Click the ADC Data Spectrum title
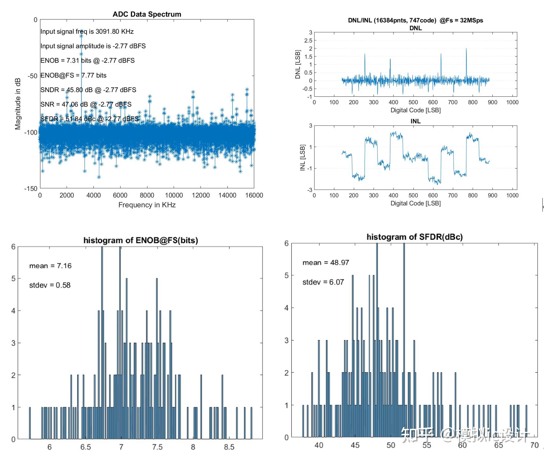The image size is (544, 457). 147,14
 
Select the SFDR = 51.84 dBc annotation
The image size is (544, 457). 89,119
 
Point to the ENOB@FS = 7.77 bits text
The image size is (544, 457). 73,75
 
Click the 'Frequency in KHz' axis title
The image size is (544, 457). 147,205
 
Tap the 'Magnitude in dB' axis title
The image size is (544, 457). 18,104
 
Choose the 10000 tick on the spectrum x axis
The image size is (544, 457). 174,195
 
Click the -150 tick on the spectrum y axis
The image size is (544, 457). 31,189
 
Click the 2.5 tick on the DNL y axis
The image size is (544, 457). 308,41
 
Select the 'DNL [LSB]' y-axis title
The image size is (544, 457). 298,64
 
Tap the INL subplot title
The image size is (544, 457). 415,121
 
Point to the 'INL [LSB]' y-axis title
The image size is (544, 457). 302,158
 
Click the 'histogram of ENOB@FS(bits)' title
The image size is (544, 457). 141,240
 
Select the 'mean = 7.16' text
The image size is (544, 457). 50,266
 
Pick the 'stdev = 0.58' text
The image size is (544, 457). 50,285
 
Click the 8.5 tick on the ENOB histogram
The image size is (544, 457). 229,447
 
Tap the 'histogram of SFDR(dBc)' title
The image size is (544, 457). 415,237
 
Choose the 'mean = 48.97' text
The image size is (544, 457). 326,263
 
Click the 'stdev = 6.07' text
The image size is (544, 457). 323,282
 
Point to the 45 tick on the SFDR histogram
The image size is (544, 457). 355,445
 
